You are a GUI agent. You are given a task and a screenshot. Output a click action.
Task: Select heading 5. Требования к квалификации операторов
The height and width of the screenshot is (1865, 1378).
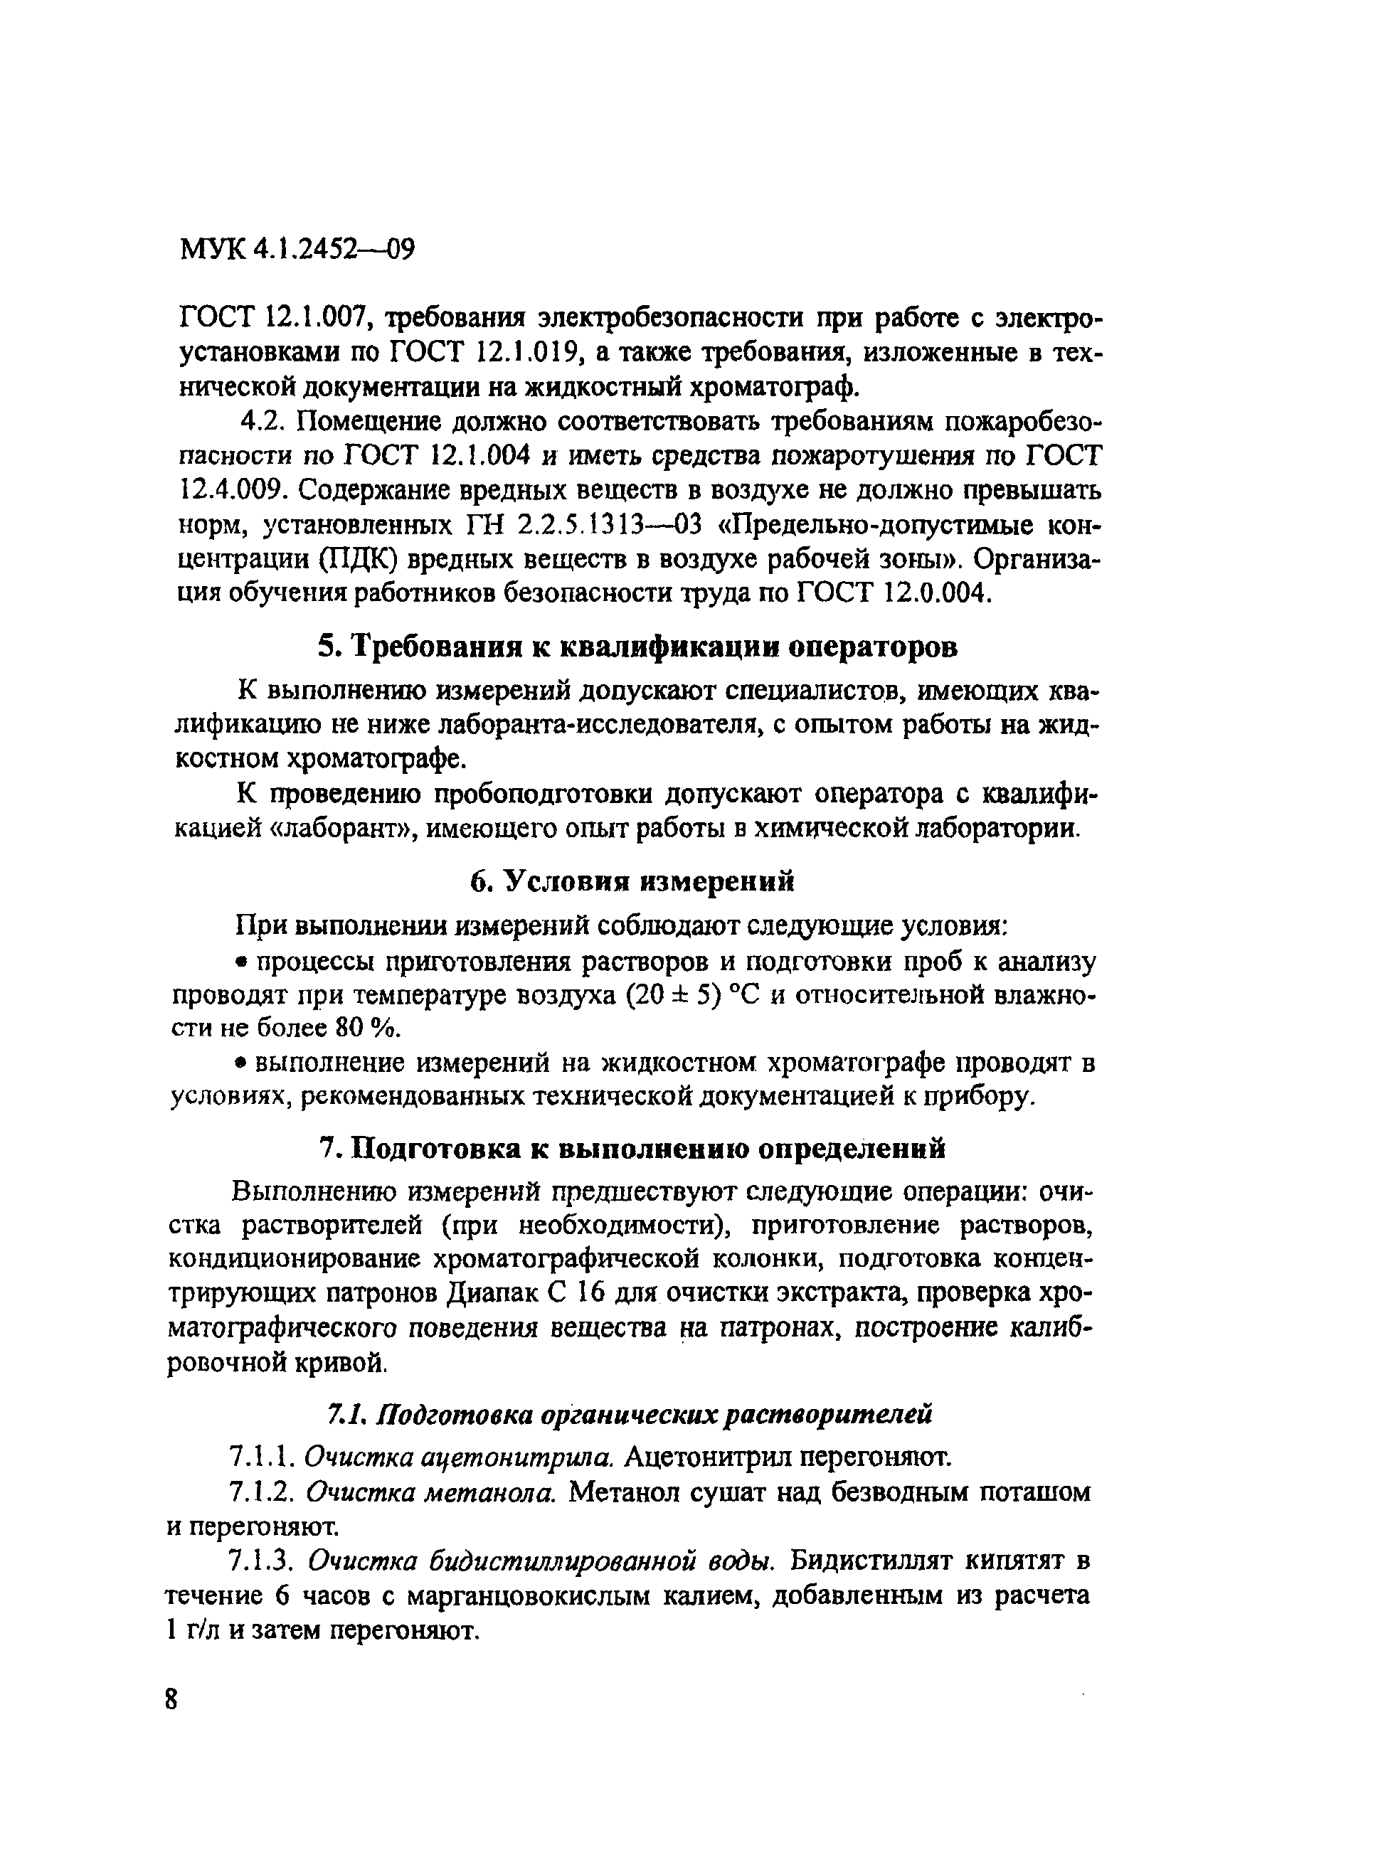tap(637, 647)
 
